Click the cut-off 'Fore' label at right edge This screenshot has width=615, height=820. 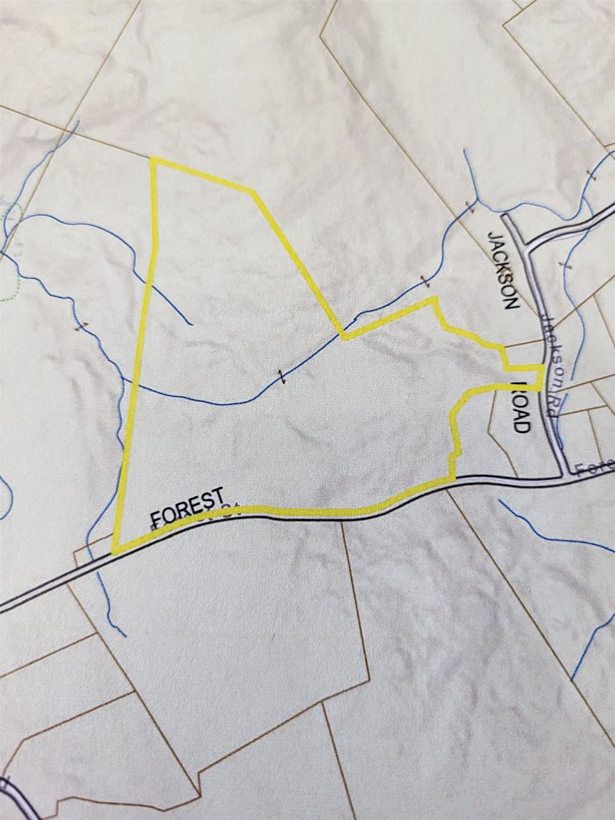pos(595,467)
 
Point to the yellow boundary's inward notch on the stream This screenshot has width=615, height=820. pos(343,336)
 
